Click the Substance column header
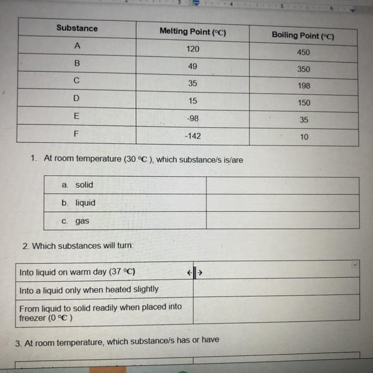(77, 28)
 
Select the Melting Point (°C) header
(193, 32)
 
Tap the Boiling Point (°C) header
(303, 36)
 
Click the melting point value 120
(193, 49)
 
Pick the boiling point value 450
(303, 52)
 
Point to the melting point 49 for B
(193, 66)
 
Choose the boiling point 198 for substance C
(304, 86)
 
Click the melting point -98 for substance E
(193, 118)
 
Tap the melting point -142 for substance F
(193, 135)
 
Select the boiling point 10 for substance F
(304, 137)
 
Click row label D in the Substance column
(76, 98)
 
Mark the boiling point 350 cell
(303, 69)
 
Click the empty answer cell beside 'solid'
(282, 186)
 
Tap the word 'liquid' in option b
(85, 202)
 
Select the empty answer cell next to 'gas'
(282, 220)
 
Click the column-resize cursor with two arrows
(195, 272)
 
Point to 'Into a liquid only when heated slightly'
(89, 289)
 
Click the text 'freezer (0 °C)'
(46, 318)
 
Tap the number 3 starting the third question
(18, 343)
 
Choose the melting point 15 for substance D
(193, 101)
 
